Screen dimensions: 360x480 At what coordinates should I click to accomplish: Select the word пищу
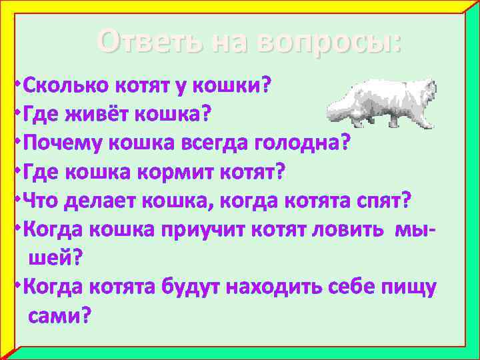[x=408, y=287]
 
